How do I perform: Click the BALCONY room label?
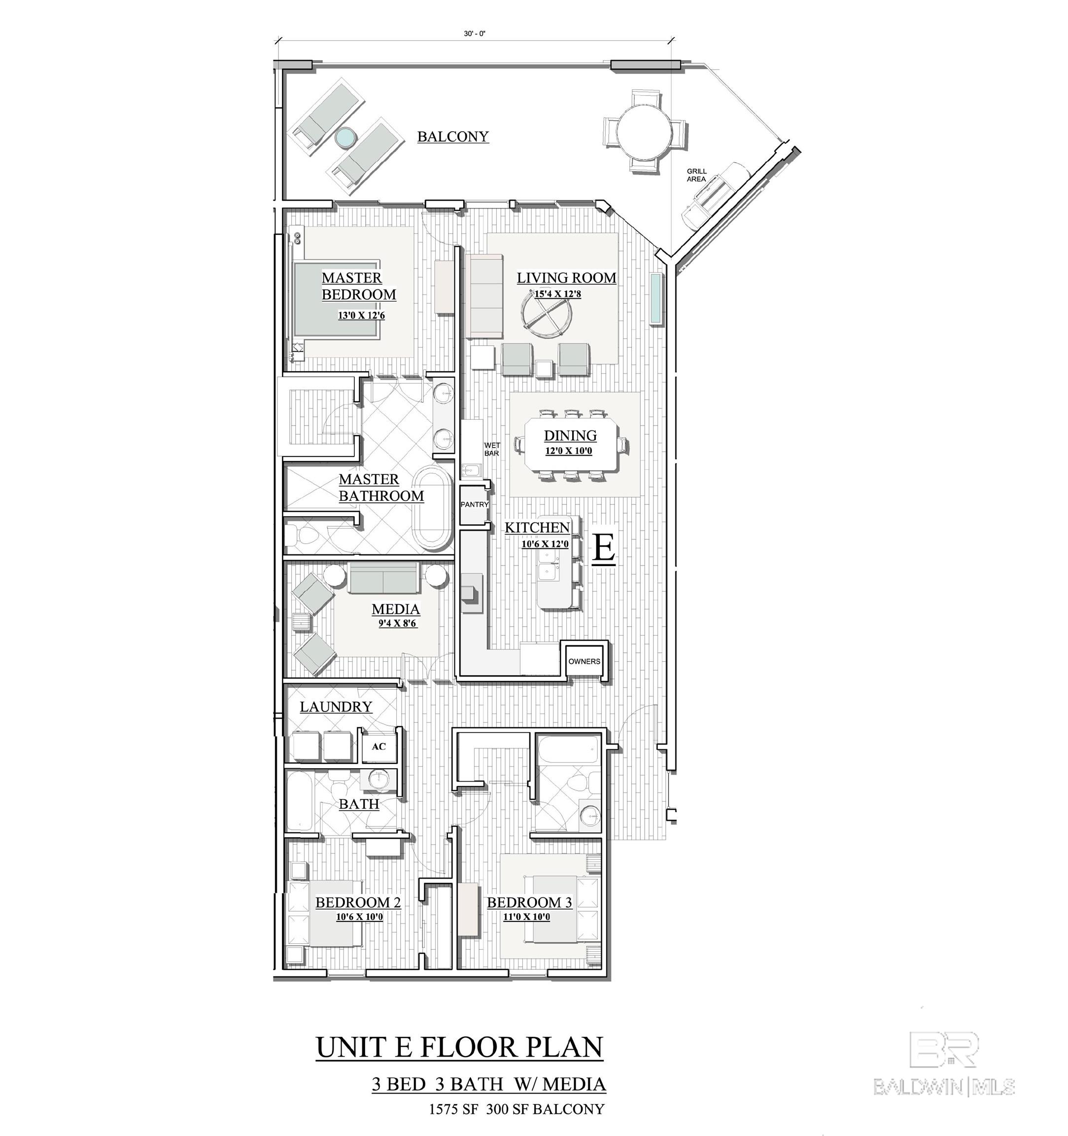coord(453,137)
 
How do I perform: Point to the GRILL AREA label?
coord(696,175)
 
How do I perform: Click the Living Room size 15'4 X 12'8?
coord(557,294)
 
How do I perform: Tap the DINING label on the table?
coord(570,436)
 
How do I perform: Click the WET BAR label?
coord(492,449)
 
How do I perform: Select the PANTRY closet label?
coord(475,504)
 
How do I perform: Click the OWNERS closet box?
coord(584,661)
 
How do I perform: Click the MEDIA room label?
coord(396,609)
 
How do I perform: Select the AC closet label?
coord(379,746)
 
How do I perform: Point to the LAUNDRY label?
coord(336,707)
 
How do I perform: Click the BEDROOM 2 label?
coord(358,903)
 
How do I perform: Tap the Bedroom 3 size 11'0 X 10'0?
coord(526,917)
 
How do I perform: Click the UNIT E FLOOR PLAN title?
coord(459,1047)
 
